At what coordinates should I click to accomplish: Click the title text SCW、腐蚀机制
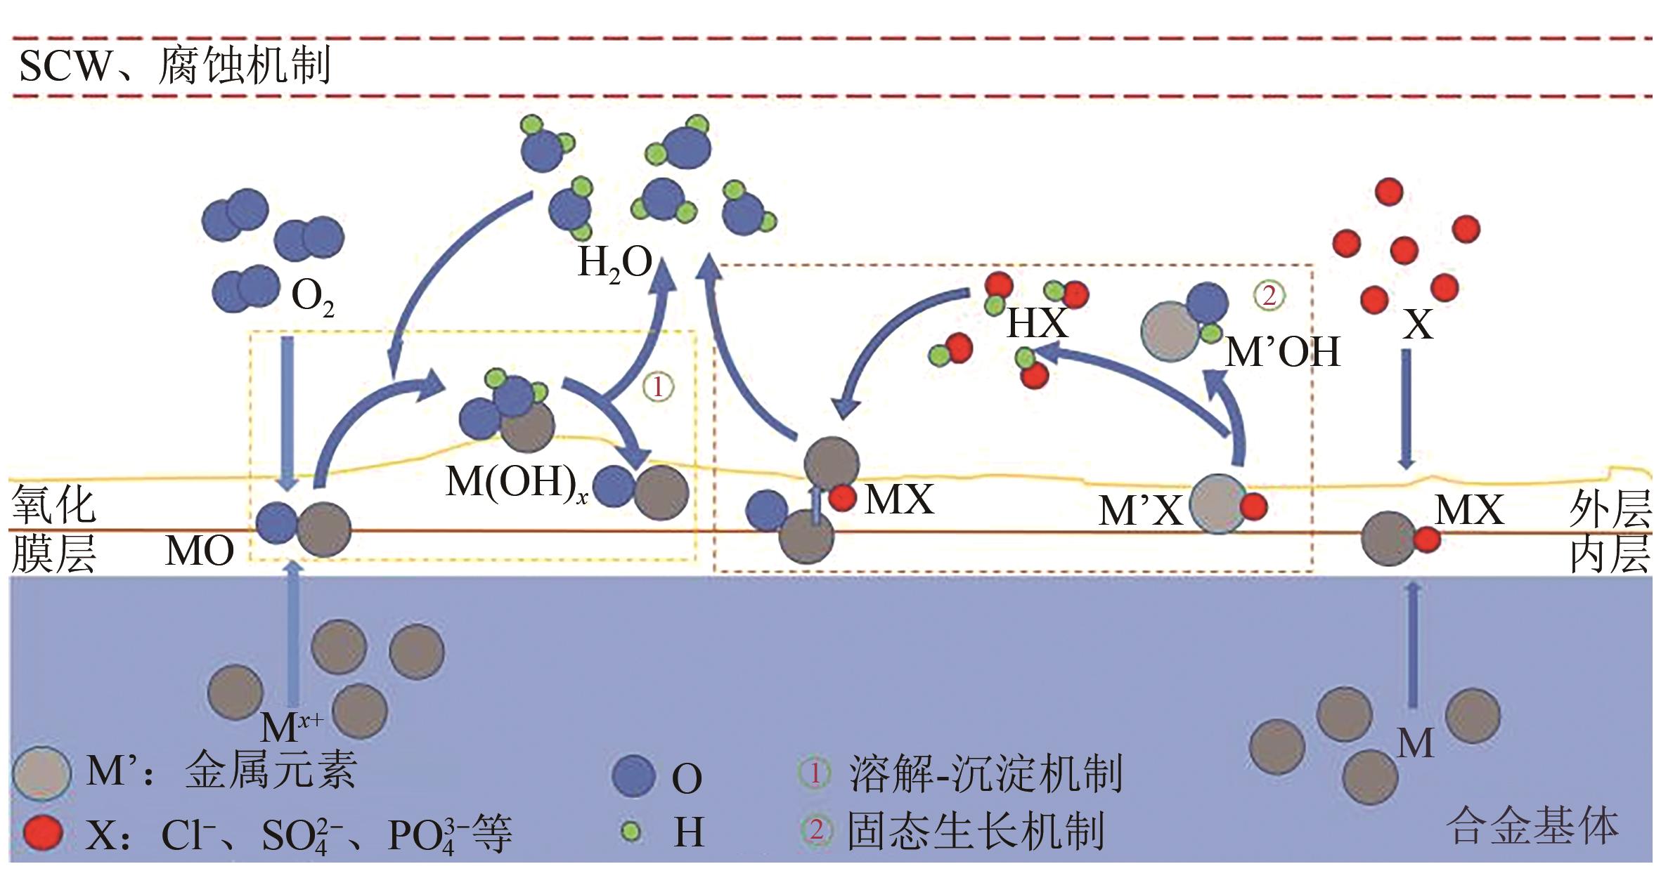pos(174,66)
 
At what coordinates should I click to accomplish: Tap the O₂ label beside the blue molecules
pos(312,298)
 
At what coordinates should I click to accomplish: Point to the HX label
pos(1038,324)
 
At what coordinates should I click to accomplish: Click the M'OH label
pos(1282,352)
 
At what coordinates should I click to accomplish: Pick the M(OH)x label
pos(517,483)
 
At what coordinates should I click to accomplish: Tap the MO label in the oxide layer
pos(200,551)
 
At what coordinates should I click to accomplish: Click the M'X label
pos(1140,511)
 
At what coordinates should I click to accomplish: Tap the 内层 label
pos(1610,555)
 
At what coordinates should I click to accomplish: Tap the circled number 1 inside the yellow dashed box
pos(658,387)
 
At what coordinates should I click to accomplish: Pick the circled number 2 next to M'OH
pos(1269,296)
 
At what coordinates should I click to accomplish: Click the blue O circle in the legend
pos(634,777)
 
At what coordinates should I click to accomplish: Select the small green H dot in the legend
pos(632,832)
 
